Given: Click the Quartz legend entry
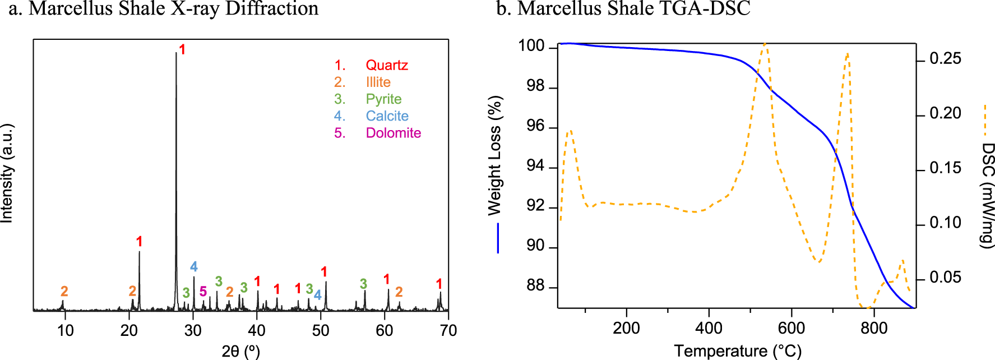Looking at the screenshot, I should click(386, 65).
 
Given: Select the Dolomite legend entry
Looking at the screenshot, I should click(393, 133).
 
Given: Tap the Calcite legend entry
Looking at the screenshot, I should click(387, 116).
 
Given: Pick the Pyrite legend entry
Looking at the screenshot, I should click(383, 99).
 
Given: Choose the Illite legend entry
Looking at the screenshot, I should click(378, 82).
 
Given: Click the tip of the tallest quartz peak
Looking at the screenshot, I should click(176, 53).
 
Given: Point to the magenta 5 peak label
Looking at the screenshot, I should click(203, 292).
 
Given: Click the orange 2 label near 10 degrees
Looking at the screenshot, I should click(64, 291).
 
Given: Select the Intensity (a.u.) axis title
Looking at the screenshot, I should click(7, 174).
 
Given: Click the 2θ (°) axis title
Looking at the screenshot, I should click(241, 351).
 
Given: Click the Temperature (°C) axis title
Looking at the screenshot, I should click(738, 351).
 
